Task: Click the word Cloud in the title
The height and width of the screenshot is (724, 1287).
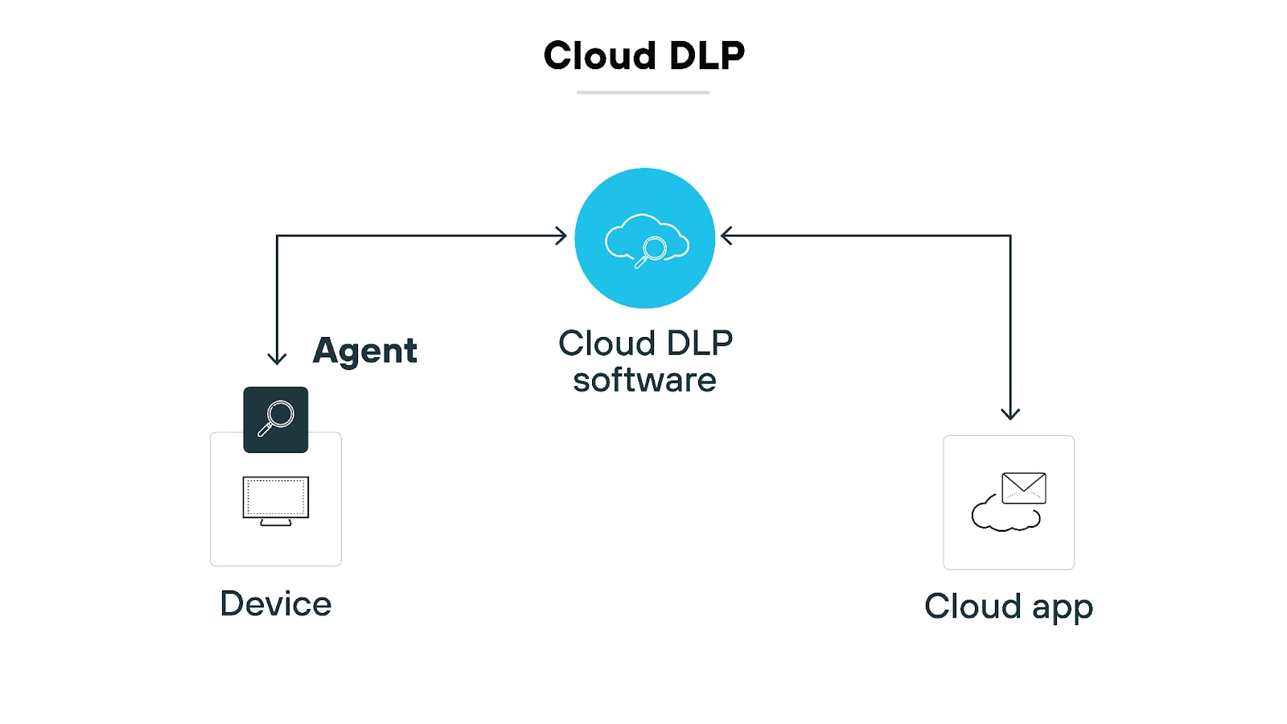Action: pyautogui.click(x=600, y=56)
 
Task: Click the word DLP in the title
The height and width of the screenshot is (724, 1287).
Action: pyautogui.click(x=707, y=56)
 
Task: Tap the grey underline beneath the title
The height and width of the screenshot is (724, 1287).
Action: pyautogui.click(x=643, y=93)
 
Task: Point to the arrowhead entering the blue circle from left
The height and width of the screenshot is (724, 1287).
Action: pyautogui.click(x=561, y=236)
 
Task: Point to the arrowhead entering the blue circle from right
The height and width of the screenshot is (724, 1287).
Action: pyautogui.click(x=727, y=236)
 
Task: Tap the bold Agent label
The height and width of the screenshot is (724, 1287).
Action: pyautogui.click(x=365, y=351)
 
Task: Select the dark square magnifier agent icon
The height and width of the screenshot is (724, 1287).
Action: pyautogui.click(x=276, y=419)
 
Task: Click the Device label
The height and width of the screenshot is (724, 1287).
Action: pyautogui.click(x=276, y=604)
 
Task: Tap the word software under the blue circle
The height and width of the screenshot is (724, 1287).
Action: pyautogui.click(x=644, y=381)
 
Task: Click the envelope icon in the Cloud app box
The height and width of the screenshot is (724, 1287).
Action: pyautogui.click(x=1024, y=487)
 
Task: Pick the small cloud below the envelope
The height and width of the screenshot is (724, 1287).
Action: pyautogui.click(x=1005, y=515)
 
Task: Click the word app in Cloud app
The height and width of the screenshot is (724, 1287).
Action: pyautogui.click(x=1063, y=607)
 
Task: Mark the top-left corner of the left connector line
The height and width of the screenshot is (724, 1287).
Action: pyautogui.click(x=277, y=236)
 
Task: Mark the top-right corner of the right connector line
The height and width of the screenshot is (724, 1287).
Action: pyautogui.click(x=1010, y=236)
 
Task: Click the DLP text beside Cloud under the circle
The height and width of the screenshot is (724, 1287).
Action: pyautogui.click(x=700, y=343)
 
